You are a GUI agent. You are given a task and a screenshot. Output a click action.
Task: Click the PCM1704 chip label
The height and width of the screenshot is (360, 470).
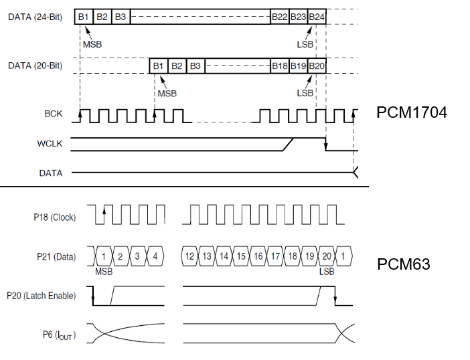[x=411, y=112]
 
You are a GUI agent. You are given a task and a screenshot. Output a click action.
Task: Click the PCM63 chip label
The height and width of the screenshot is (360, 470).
[x=403, y=264]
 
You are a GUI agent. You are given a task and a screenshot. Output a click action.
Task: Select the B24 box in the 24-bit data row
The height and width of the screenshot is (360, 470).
[x=317, y=17]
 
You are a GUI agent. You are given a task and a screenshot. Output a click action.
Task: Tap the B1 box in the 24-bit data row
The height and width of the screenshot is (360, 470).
[x=84, y=17]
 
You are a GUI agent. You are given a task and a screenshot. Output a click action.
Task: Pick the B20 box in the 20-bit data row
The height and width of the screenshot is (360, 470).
[x=317, y=66]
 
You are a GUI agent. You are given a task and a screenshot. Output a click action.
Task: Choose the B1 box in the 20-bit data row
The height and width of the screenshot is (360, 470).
[x=158, y=66]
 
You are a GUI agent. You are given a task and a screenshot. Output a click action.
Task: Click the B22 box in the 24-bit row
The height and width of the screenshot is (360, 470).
[x=279, y=17]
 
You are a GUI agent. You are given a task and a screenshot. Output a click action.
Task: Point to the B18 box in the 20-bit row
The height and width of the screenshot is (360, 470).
[x=279, y=66]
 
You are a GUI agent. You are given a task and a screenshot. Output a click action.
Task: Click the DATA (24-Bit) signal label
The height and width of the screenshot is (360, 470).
[x=35, y=17]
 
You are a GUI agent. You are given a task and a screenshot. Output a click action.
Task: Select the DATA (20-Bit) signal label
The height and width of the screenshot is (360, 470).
[x=35, y=66]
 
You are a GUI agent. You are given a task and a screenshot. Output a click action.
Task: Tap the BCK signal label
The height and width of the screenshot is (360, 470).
[x=53, y=114]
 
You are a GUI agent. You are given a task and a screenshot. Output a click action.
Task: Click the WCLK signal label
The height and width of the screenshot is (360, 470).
[x=50, y=143]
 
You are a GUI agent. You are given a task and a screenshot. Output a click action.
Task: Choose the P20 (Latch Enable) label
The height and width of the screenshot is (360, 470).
[x=41, y=296]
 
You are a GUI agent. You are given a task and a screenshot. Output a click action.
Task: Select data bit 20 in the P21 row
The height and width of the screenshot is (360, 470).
[x=326, y=256]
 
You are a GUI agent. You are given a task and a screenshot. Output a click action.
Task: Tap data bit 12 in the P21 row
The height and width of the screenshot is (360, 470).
[x=190, y=256]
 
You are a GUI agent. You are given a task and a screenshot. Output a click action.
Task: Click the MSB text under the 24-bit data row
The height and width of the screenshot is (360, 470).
[x=92, y=44]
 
